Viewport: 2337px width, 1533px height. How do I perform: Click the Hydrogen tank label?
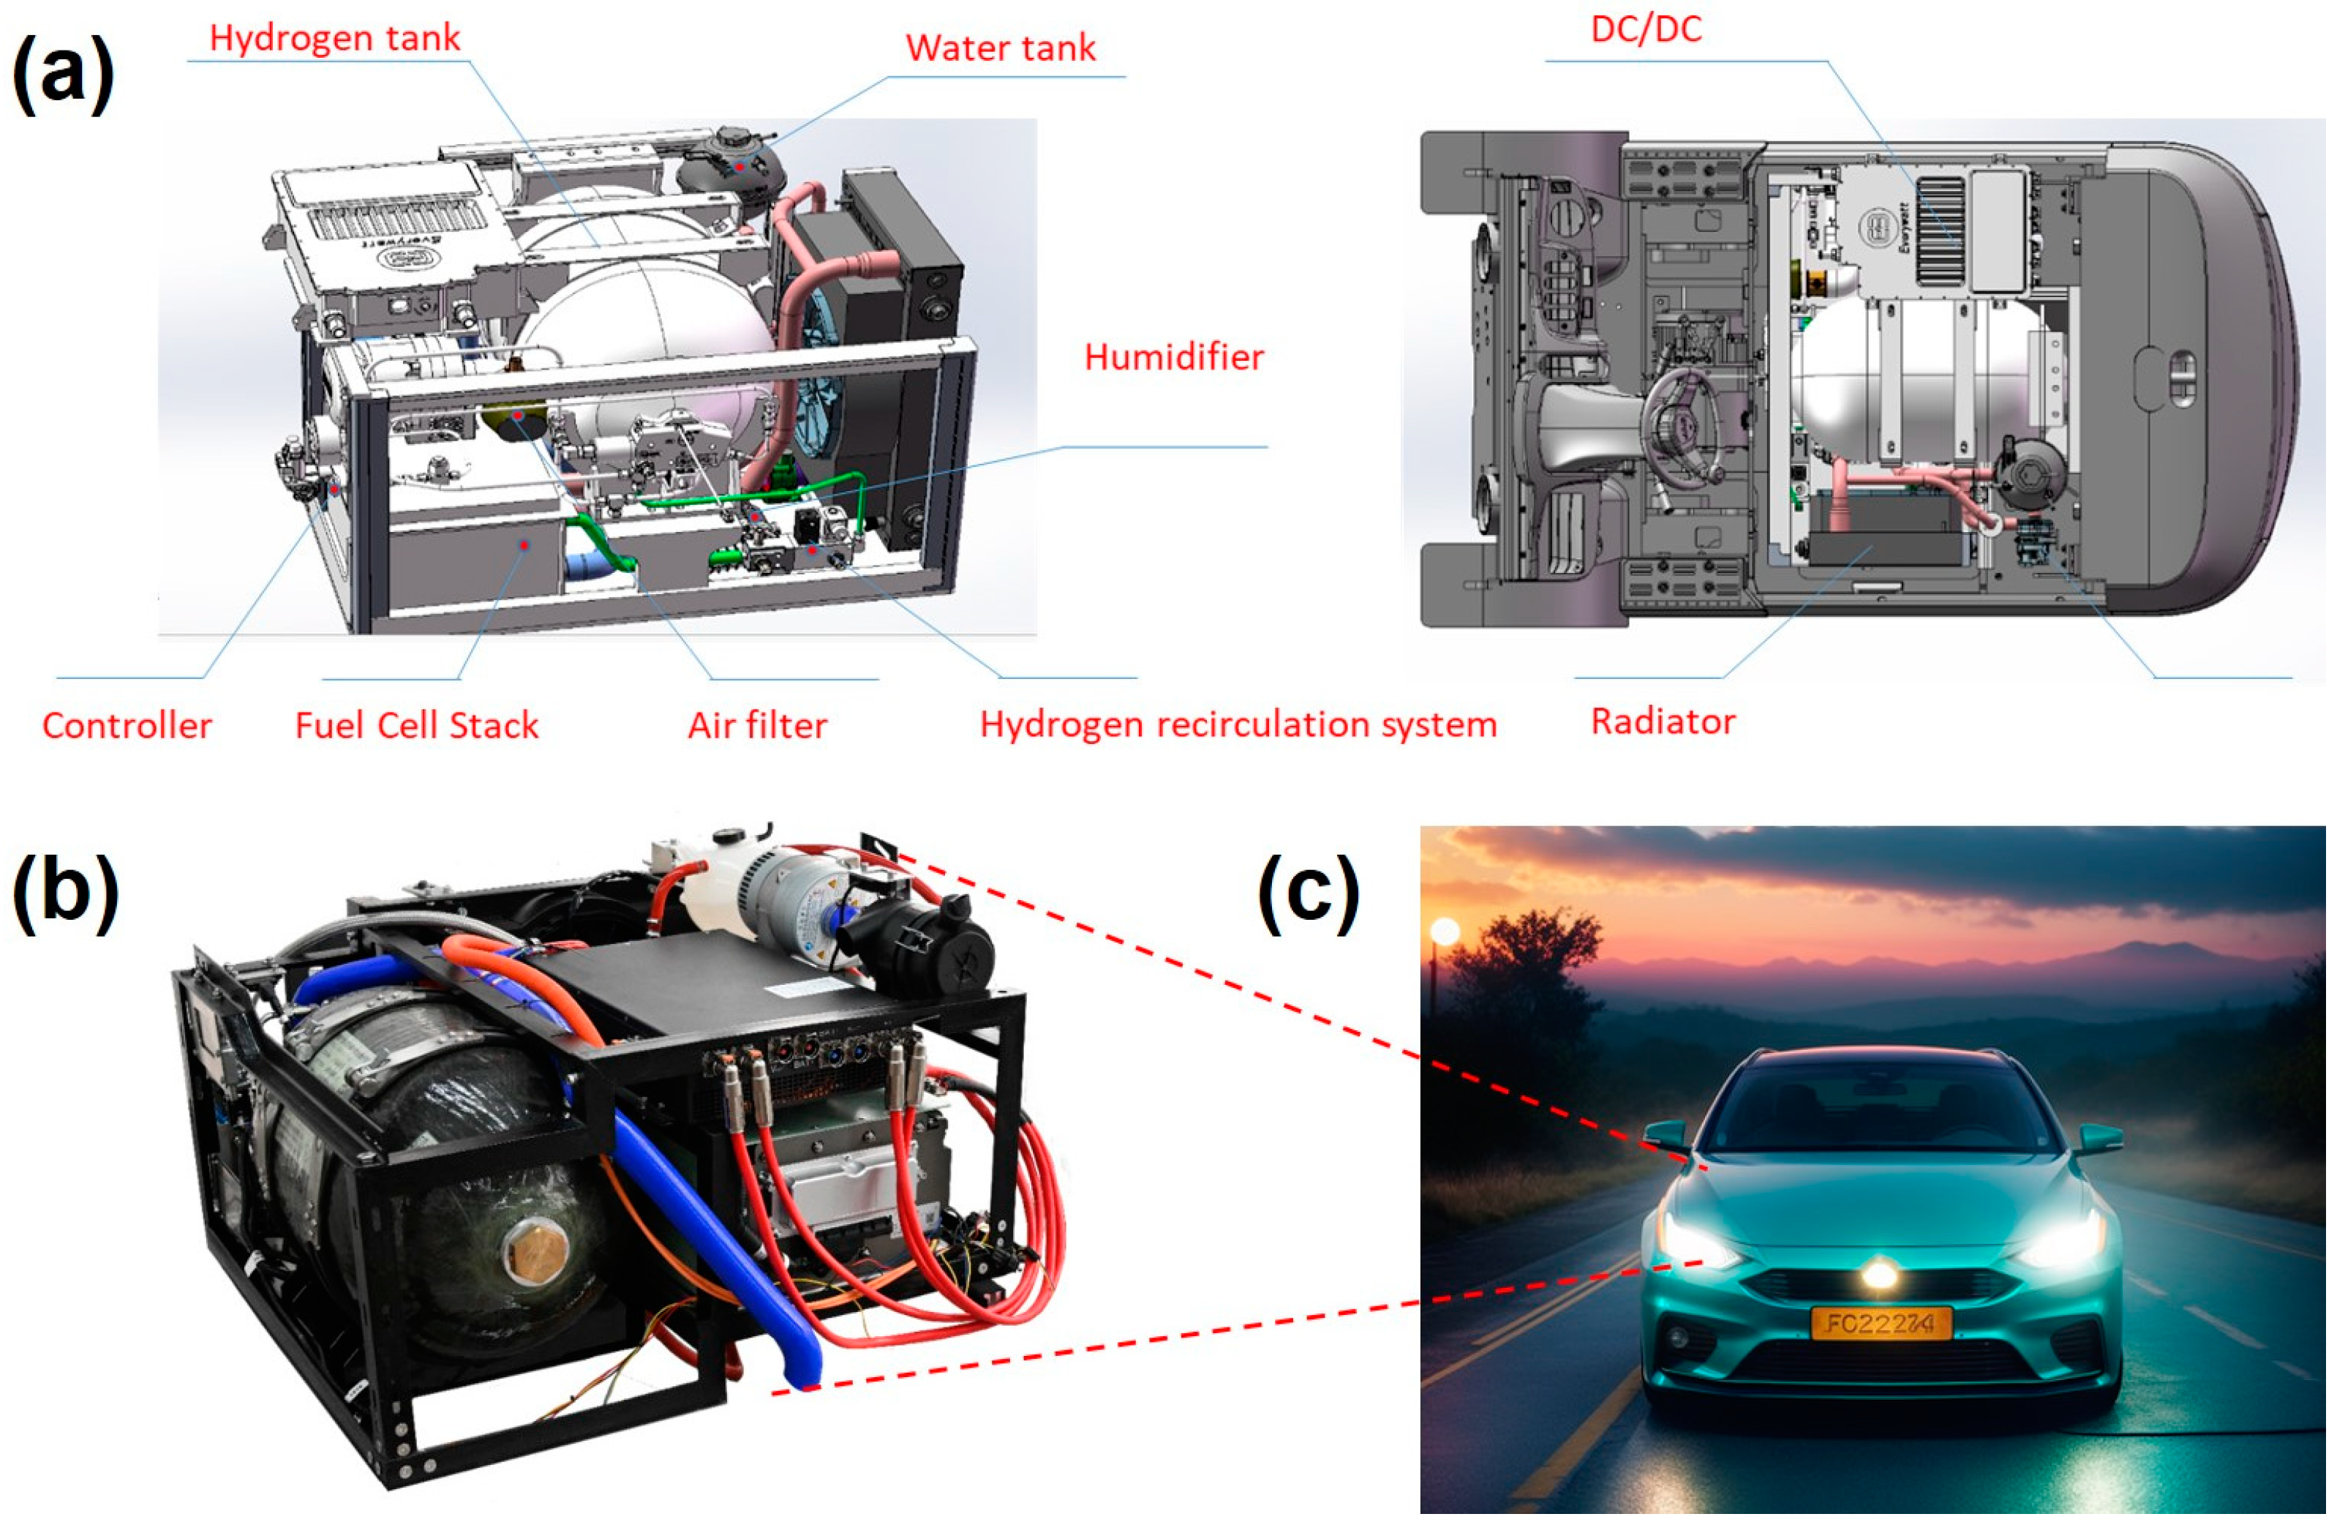[335, 38]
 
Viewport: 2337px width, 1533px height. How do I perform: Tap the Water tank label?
[1000, 48]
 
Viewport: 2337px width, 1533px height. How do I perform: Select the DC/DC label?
[1647, 29]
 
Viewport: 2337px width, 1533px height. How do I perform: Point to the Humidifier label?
[1173, 358]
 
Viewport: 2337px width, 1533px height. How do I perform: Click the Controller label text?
[127, 726]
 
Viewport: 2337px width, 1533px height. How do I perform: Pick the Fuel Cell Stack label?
[416, 726]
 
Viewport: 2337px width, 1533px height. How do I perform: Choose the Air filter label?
[757, 726]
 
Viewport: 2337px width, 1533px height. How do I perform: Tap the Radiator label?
[1663, 721]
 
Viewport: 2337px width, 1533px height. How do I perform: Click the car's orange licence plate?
[1881, 1323]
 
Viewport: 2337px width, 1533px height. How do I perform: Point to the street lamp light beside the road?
[1445, 931]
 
